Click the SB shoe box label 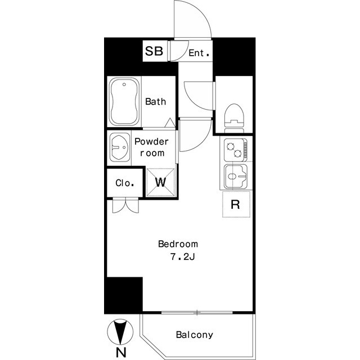pos(154,51)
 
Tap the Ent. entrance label pos(199,53)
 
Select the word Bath pos(155,101)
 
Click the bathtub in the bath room pos(124,101)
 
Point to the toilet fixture pos(234,118)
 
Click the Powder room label pos(151,147)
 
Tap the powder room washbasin pos(120,147)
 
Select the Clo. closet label pos(125,183)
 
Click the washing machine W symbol pos(160,182)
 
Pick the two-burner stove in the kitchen pos(236,150)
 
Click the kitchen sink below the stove pos(236,176)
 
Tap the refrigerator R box pos(236,204)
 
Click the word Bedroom pos(178,244)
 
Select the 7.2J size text pos(182,257)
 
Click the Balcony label pos(195,335)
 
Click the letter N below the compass pos(121,353)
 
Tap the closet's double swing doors pos(125,205)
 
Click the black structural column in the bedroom pos(124,295)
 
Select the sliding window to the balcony pos(197,313)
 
